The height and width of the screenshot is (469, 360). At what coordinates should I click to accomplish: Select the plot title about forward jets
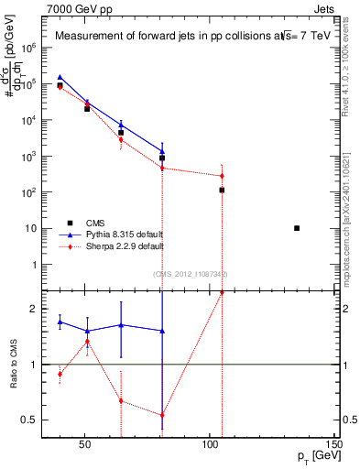pyautogui.click(x=183, y=37)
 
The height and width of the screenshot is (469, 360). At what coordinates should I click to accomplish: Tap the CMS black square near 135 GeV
pyautogui.click(x=296, y=228)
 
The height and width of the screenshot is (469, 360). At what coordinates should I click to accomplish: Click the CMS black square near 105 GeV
pyautogui.click(x=222, y=191)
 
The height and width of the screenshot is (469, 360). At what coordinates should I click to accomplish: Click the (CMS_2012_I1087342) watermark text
pyautogui.click(x=190, y=274)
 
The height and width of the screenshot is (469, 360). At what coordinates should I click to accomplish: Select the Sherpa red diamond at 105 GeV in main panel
pyautogui.click(x=222, y=176)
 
